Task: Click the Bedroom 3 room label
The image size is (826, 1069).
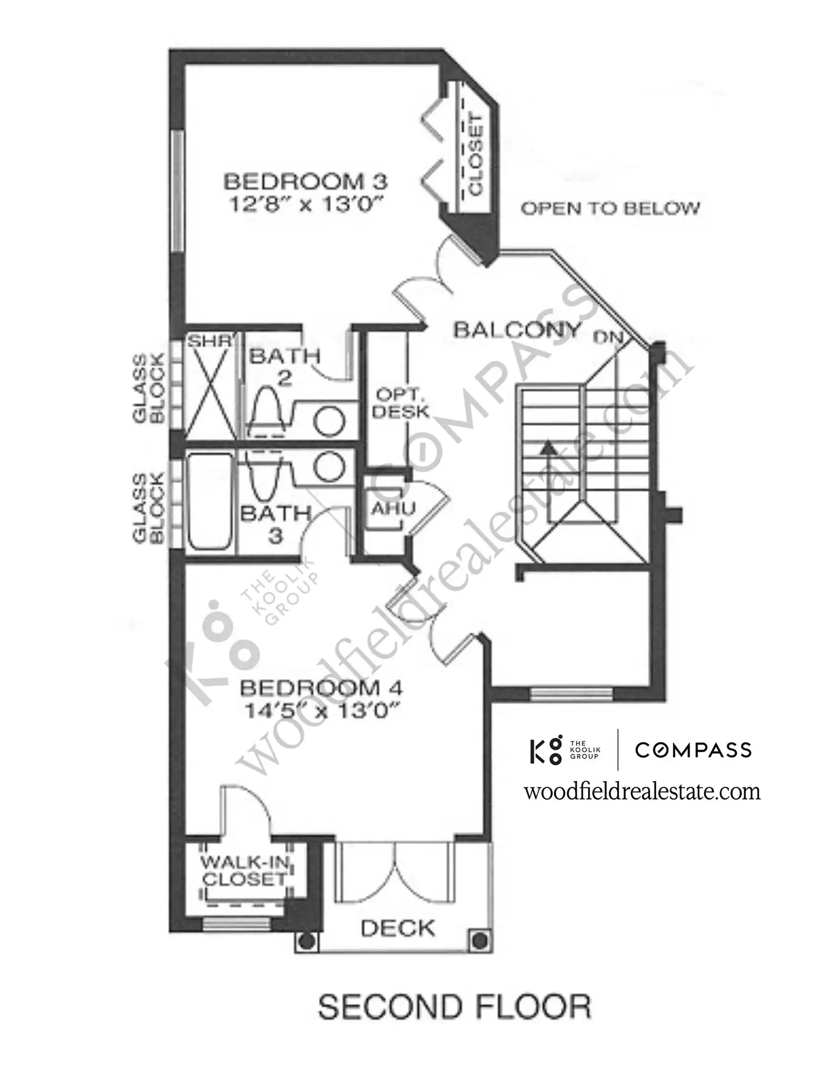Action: coord(305,182)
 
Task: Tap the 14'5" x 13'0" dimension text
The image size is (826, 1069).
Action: coord(323,711)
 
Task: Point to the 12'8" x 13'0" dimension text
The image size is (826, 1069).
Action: coord(308,204)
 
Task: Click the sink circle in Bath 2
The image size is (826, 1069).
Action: coord(328,421)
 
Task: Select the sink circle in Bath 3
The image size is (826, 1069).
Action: coord(328,465)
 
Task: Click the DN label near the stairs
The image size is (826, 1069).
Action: coord(608,337)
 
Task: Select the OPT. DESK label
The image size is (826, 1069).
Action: coord(401,403)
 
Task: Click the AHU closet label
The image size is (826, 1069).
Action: coord(393,508)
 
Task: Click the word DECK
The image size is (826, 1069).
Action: coord(397,928)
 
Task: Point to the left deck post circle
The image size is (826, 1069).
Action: coord(307,940)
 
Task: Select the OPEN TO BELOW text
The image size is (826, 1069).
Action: coord(610,208)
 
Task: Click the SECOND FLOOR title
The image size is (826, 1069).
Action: coord(454,1007)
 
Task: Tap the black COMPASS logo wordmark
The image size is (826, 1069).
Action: coord(694,750)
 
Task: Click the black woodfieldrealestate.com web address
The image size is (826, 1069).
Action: coord(642,791)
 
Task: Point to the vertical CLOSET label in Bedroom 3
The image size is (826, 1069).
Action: coord(476,154)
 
